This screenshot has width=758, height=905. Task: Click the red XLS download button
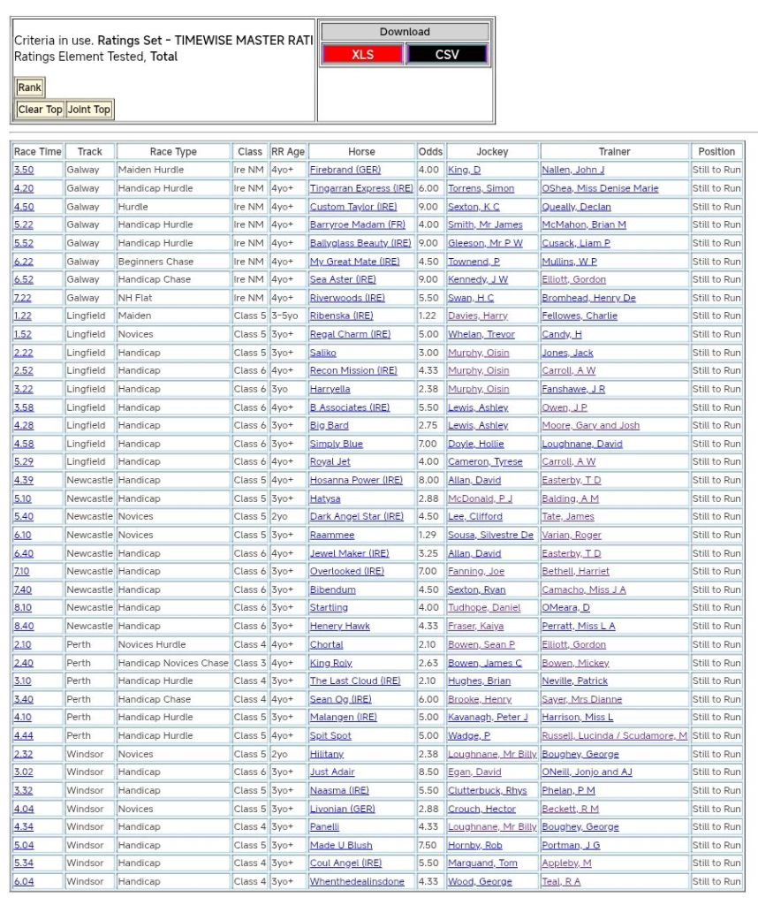coord(362,54)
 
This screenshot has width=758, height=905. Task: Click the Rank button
coord(29,87)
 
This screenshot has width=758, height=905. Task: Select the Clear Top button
coord(40,110)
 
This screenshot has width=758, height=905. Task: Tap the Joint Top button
coord(89,110)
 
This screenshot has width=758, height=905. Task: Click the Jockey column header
coord(492,151)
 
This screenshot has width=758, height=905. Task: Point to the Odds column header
coord(430,151)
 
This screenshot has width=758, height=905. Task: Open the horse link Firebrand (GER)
coord(345,170)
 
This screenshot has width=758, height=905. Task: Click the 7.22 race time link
coord(23,298)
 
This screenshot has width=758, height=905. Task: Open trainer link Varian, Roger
coord(572,535)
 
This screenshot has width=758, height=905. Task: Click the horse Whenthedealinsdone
coord(357,881)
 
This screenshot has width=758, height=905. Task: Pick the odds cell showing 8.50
coord(428,772)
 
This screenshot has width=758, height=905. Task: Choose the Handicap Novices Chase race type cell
coord(173,663)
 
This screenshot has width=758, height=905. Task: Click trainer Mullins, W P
coord(569,262)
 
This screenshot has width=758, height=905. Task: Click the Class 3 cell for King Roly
coord(249,663)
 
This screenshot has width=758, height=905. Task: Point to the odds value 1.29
coord(428,535)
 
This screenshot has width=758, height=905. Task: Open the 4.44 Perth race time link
coord(23,735)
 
